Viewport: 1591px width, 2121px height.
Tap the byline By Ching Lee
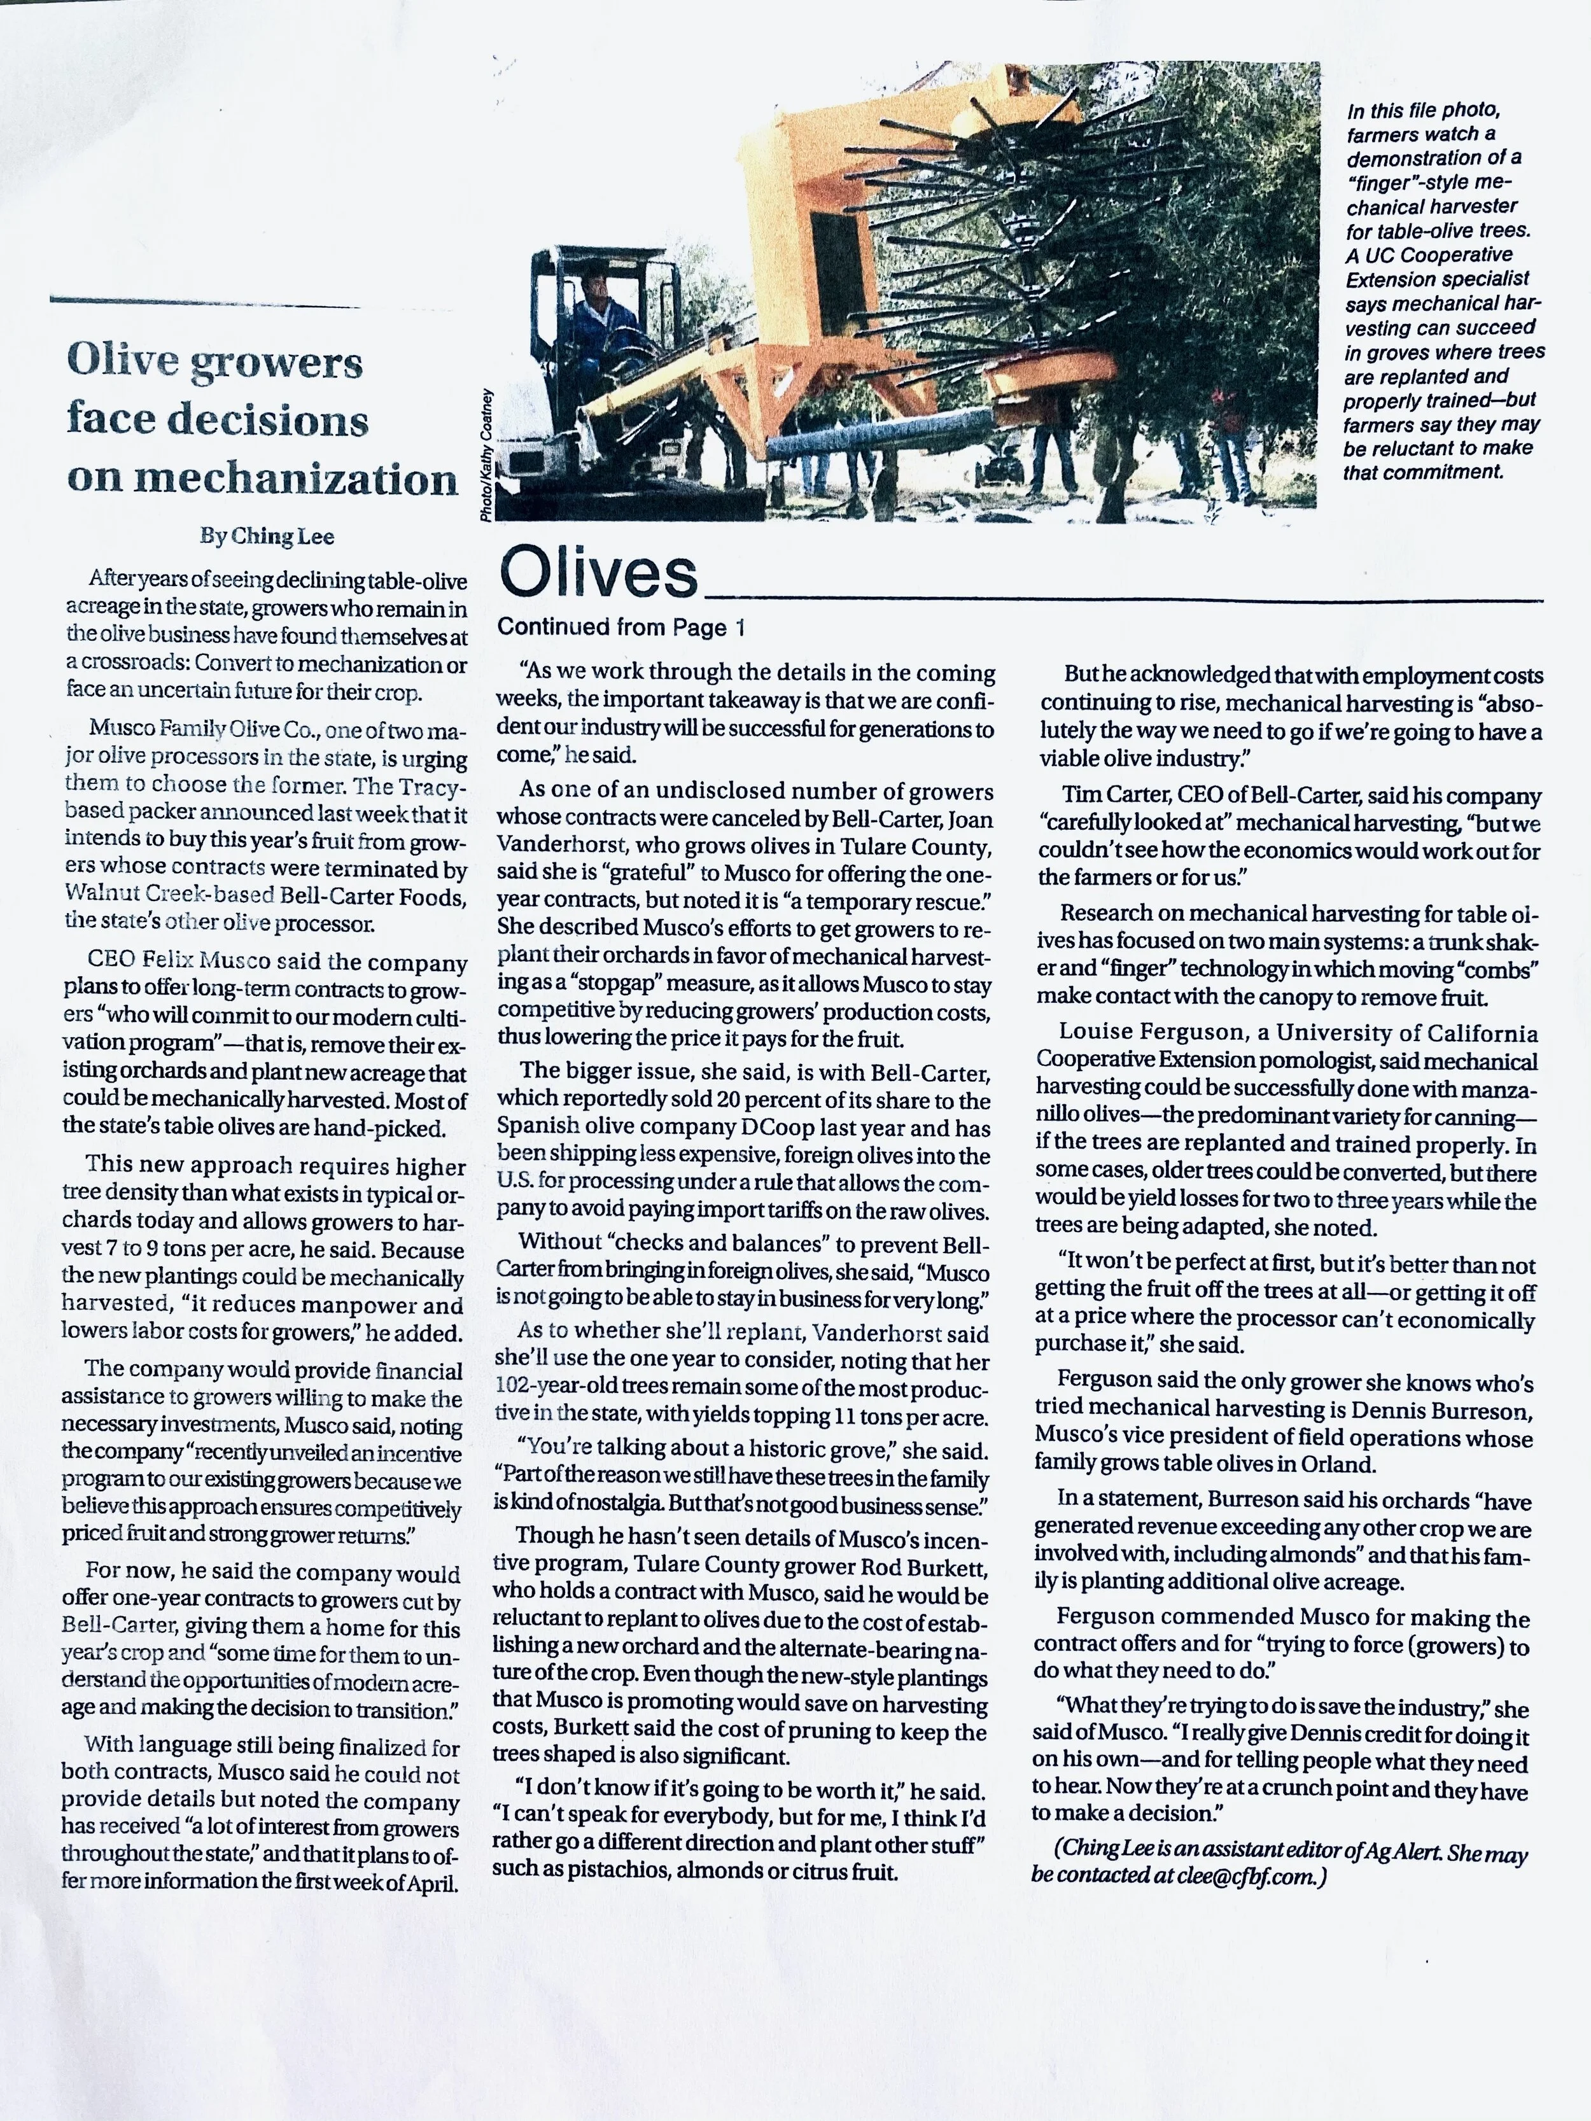[x=267, y=536]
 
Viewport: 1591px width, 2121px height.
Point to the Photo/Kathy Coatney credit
[x=487, y=456]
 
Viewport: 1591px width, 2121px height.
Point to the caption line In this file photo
[x=1423, y=111]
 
